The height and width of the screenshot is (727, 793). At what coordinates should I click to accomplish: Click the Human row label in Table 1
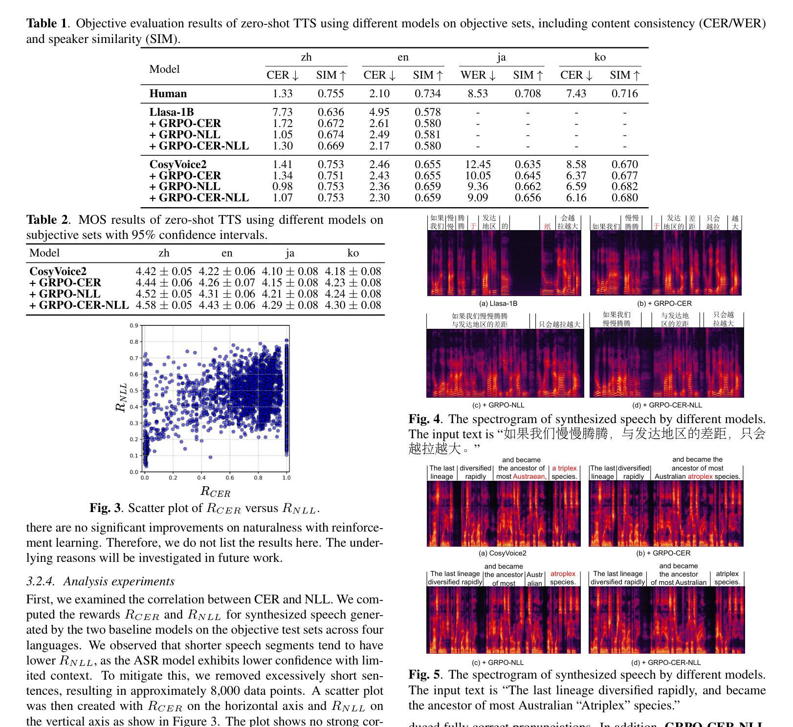pos(168,94)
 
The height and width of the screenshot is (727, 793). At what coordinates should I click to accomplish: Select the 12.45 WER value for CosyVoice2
pos(478,165)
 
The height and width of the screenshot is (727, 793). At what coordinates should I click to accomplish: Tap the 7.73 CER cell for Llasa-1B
pos(282,112)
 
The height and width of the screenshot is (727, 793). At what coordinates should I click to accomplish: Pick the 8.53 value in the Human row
pos(478,94)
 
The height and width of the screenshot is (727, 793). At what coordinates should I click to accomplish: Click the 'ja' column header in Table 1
pos(501,58)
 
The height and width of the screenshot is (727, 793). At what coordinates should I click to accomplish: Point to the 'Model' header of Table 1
pos(164,69)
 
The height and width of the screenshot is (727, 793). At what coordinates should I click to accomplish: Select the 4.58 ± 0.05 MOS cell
pos(164,305)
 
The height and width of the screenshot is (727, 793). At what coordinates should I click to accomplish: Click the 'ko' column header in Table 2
pos(353,253)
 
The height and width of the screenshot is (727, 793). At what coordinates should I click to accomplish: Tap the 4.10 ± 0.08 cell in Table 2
pos(290,272)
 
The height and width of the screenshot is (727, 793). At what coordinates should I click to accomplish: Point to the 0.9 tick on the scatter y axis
pos(134,326)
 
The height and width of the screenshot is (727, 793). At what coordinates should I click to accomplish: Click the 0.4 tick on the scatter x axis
pos(201,477)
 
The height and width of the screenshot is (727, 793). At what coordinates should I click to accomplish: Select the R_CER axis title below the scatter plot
pos(215,492)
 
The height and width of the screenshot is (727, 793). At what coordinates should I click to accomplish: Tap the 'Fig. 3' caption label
pos(105,508)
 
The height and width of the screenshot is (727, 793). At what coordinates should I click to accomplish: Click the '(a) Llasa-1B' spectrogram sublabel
pos(498,303)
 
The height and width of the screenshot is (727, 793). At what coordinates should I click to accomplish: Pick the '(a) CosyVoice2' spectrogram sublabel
pos(503,553)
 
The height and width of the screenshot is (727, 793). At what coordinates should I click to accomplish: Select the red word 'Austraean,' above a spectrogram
pos(529,476)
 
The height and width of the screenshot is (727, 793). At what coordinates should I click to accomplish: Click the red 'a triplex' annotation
pos(564,469)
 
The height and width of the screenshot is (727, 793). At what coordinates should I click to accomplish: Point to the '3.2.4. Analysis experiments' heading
pos(100,581)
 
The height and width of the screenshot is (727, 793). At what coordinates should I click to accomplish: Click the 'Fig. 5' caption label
pos(424,675)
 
